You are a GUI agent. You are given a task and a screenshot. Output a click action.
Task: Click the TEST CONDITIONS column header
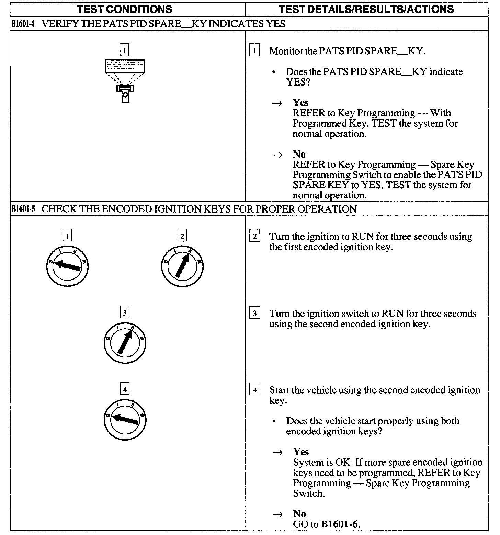[x=125, y=9]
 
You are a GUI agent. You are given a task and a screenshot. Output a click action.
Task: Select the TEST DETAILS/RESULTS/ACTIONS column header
[x=366, y=9]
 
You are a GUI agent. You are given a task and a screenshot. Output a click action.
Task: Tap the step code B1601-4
[x=23, y=24]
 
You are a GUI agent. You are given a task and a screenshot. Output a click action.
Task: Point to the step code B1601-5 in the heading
[x=23, y=209]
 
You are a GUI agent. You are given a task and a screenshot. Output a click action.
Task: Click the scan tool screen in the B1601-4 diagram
[x=125, y=66]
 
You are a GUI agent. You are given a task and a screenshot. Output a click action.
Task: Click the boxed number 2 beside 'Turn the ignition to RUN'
[x=254, y=236]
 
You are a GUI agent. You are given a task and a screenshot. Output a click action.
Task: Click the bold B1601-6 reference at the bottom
[x=340, y=524]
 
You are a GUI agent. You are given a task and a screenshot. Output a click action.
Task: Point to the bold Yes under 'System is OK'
[x=301, y=452]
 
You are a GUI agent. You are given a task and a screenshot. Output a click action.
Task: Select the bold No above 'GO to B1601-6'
[x=299, y=514]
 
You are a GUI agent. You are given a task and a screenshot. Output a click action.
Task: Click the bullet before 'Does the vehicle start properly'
[x=274, y=421]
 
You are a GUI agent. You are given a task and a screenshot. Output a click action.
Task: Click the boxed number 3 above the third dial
[x=125, y=313]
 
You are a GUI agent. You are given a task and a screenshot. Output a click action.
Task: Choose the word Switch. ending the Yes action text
[x=309, y=493]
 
